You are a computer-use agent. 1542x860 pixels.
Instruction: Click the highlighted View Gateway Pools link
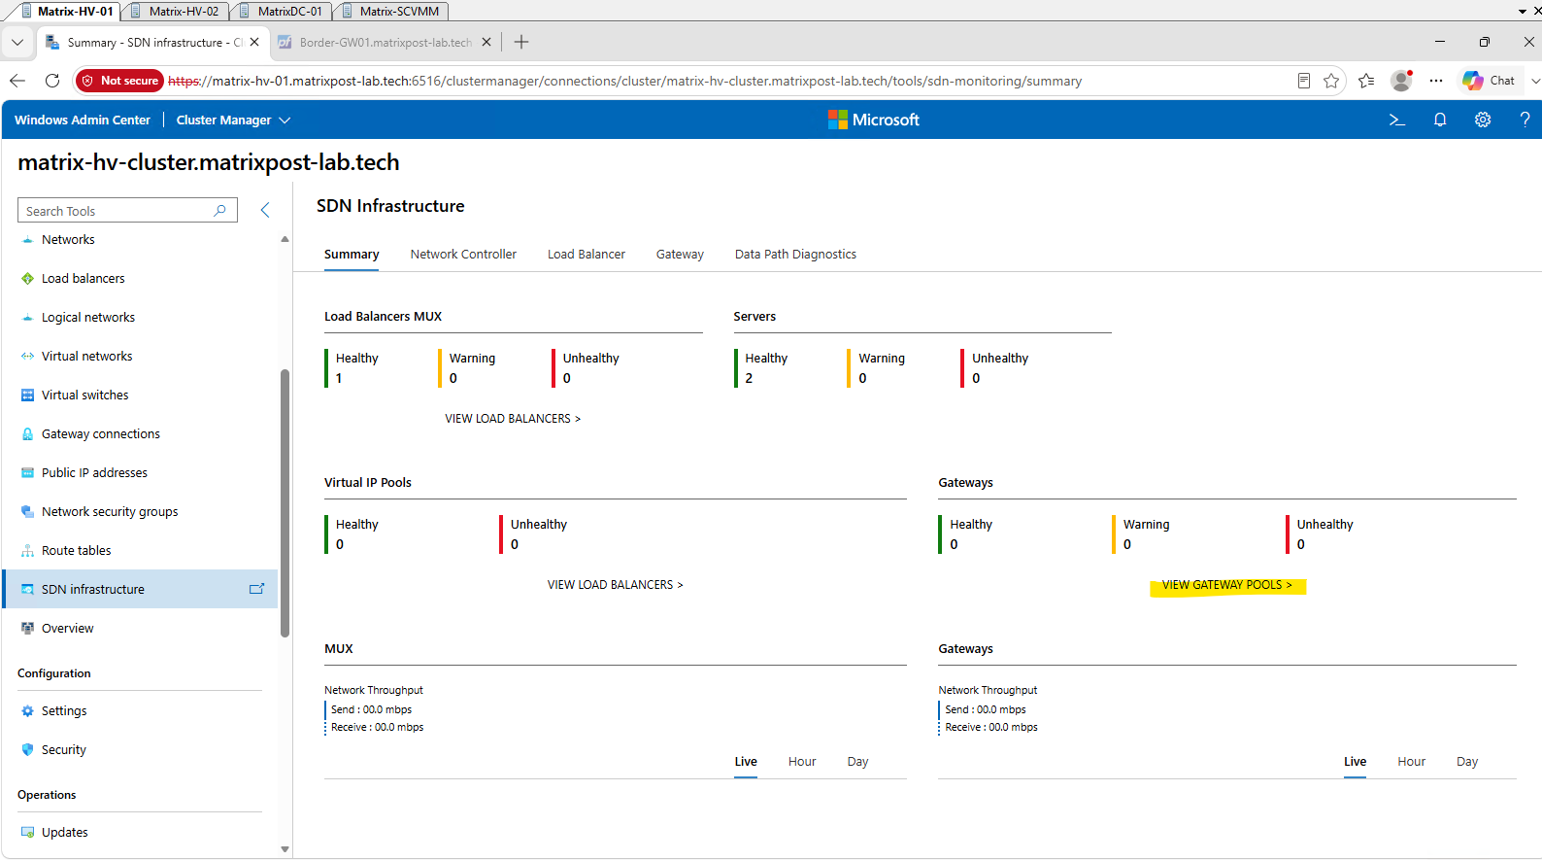coord(1226,585)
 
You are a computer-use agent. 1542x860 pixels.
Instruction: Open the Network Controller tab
coord(463,255)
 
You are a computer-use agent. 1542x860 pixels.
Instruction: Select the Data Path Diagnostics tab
coord(795,255)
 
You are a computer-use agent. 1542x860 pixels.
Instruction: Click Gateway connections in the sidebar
coord(101,434)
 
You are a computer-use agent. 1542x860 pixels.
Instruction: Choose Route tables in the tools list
coord(76,551)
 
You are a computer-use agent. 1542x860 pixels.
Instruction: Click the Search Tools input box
coord(127,210)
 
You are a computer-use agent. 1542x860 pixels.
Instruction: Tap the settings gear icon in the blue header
coord(1483,120)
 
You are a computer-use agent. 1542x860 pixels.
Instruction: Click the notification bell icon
coord(1439,120)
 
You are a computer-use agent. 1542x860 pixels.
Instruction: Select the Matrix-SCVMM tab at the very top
coord(394,11)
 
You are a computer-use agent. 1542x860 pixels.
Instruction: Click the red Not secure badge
coord(119,82)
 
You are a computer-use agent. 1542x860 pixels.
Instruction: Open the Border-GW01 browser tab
coord(385,43)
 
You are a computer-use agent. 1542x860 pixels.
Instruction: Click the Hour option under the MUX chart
coord(802,762)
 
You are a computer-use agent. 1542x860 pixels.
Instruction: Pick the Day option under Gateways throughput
coord(1467,762)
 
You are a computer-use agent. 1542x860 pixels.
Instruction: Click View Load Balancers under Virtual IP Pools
coord(615,585)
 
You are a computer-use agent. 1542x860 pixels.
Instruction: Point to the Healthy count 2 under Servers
coord(749,378)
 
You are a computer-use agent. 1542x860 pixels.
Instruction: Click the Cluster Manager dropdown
coord(233,120)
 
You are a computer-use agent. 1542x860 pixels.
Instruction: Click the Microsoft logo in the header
coord(874,120)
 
